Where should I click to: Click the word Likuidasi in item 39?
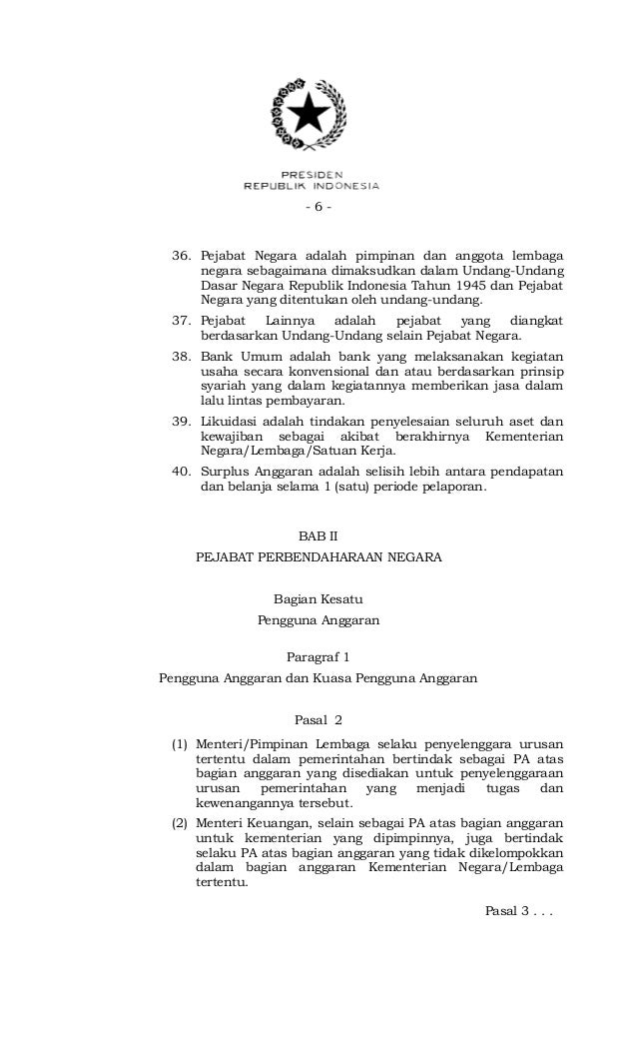(231, 422)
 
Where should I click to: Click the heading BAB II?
(318, 536)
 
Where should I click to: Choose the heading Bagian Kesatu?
(318, 600)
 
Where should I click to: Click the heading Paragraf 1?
(318, 657)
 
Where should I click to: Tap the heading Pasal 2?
(318, 719)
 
